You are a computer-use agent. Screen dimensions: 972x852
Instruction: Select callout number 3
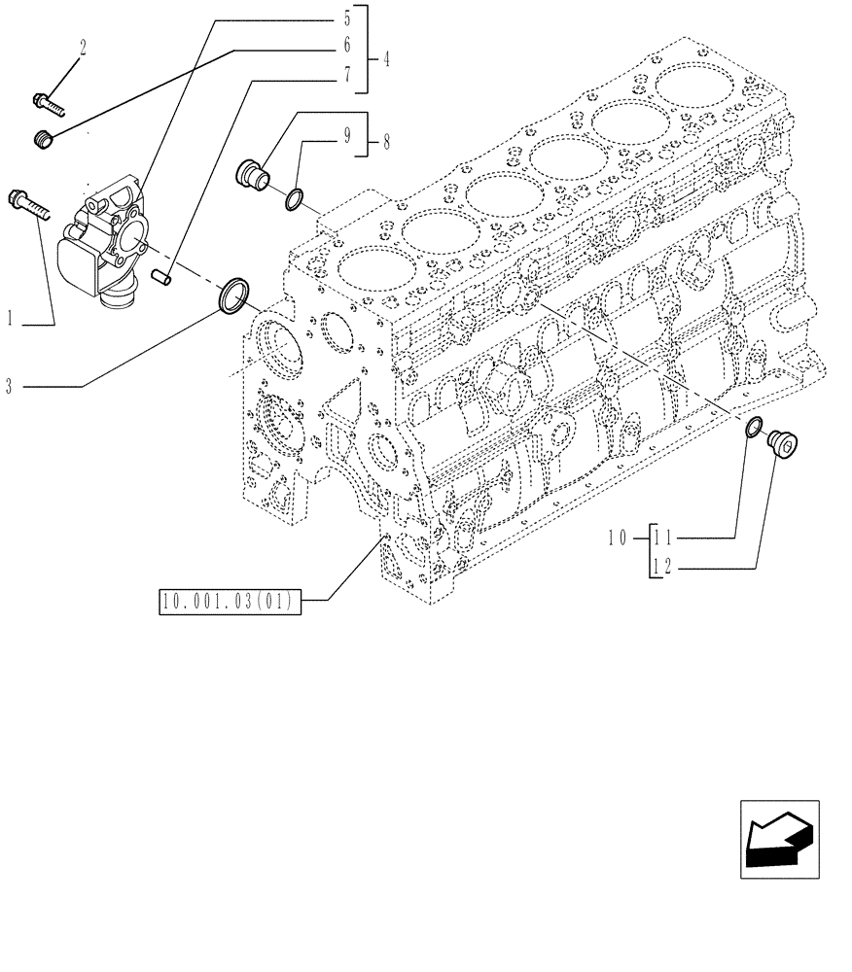point(10,387)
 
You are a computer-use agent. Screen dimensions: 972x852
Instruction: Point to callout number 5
point(346,17)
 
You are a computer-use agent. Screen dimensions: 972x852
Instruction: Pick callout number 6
point(346,46)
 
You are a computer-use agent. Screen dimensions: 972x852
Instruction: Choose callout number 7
point(346,73)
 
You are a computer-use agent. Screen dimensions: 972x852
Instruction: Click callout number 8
point(386,143)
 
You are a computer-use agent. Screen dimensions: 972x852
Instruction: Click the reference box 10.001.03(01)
point(231,602)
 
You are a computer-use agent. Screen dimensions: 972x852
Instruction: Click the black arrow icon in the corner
point(779,839)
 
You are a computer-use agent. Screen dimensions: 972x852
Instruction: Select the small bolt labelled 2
point(48,100)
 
